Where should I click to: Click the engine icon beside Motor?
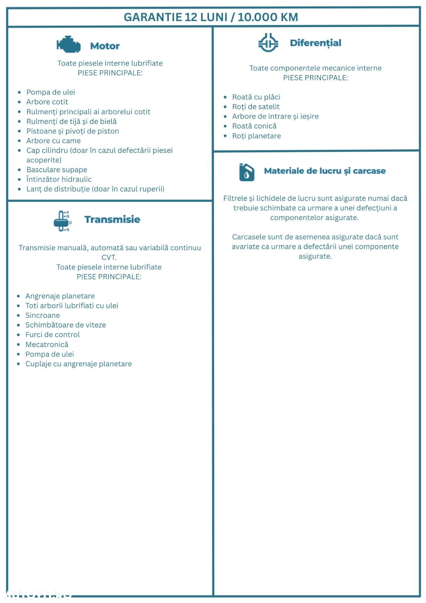(69, 45)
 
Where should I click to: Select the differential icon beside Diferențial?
(268, 43)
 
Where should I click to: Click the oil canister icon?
(247, 172)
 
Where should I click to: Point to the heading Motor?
(105, 46)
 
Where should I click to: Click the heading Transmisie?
(112, 219)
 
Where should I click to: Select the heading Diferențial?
(315, 43)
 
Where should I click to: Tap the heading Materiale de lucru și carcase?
(325, 171)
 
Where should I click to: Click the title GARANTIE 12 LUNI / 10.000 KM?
(211, 17)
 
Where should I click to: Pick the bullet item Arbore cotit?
(47, 102)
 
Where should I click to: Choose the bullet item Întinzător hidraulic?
(59, 179)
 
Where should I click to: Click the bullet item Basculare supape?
(56, 170)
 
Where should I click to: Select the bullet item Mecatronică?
(47, 344)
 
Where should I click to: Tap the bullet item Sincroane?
(43, 315)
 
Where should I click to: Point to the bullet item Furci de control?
(52, 335)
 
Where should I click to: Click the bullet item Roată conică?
(254, 126)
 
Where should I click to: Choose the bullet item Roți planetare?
(257, 136)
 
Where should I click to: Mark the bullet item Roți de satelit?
(256, 107)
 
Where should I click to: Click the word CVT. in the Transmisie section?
(109, 257)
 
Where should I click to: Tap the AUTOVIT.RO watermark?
(38, 595)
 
